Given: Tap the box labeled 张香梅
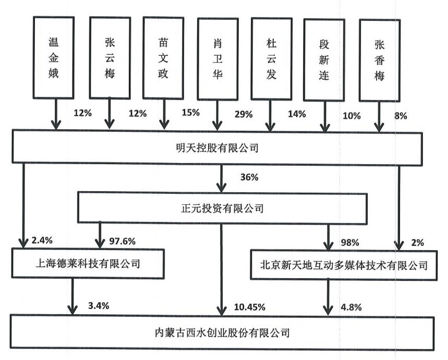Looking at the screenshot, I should tap(379, 59).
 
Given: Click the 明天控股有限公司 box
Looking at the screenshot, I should tap(217, 148).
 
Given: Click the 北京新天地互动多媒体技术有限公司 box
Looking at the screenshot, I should tap(343, 266).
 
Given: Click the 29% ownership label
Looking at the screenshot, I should tap(244, 115).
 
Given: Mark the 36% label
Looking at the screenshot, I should tap(249, 177).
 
